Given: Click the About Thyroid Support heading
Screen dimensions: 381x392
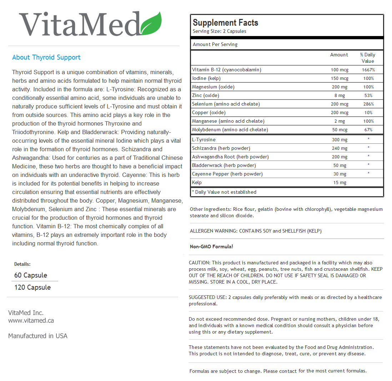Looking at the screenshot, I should click(46, 57).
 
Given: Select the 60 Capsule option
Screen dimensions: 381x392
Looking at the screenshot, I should click(31, 275).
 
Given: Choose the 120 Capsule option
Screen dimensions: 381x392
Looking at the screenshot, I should click(32, 288).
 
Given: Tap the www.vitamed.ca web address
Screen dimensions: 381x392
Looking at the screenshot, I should click(31, 320).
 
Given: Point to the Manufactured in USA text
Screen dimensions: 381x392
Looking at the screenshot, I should click(38, 336).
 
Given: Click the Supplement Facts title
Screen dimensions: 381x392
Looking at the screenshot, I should click(225, 23).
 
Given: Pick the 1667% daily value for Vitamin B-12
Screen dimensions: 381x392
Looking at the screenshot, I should click(368, 70).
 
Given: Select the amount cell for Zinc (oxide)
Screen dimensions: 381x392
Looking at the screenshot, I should click(340, 96).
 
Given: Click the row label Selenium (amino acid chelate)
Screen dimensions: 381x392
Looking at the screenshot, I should click(226, 104).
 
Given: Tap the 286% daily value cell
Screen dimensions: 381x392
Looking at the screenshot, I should click(368, 104).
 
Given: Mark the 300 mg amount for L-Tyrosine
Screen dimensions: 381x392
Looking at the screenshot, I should click(340, 140).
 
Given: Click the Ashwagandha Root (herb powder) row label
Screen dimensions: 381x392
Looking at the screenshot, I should click(230, 157).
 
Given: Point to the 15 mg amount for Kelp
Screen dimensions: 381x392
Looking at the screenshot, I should click(340, 183).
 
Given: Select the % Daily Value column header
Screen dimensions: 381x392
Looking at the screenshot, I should click(368, 58).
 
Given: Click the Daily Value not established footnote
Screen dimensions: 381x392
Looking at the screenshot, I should click(224, 192).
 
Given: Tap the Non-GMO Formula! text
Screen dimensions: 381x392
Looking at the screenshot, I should click(211, 247).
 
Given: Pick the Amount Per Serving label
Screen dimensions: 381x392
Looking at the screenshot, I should click(215, 45).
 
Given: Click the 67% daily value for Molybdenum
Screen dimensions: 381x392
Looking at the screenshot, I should click(368, 130).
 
